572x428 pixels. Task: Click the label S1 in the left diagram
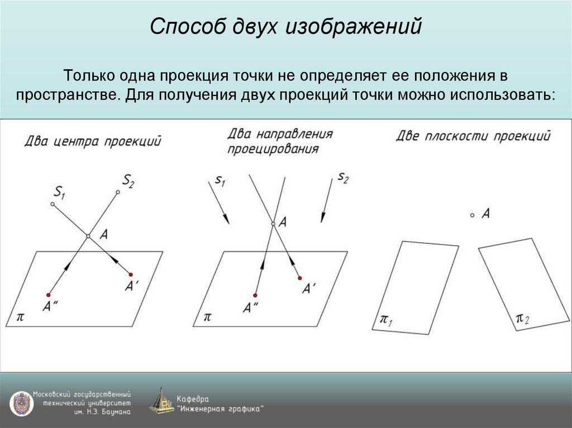[59, 193]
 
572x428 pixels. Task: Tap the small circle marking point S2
[118, 193]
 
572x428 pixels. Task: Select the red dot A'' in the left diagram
[49, 294]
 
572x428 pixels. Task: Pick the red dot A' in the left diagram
[131, 274]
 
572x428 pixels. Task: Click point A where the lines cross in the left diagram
[88, 237]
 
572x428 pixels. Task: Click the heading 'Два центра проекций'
[93, 141]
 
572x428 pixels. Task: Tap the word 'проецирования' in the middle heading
[273, 149]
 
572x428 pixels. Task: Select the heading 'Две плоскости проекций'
[473, 136]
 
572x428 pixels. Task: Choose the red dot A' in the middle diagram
[299, 278]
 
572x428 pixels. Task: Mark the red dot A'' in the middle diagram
[255, 295]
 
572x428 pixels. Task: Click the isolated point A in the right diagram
[472, 215]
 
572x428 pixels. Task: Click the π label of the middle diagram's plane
[208, 316]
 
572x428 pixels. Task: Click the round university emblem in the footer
[21, 402]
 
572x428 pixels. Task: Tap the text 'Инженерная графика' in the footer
[221, 408]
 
